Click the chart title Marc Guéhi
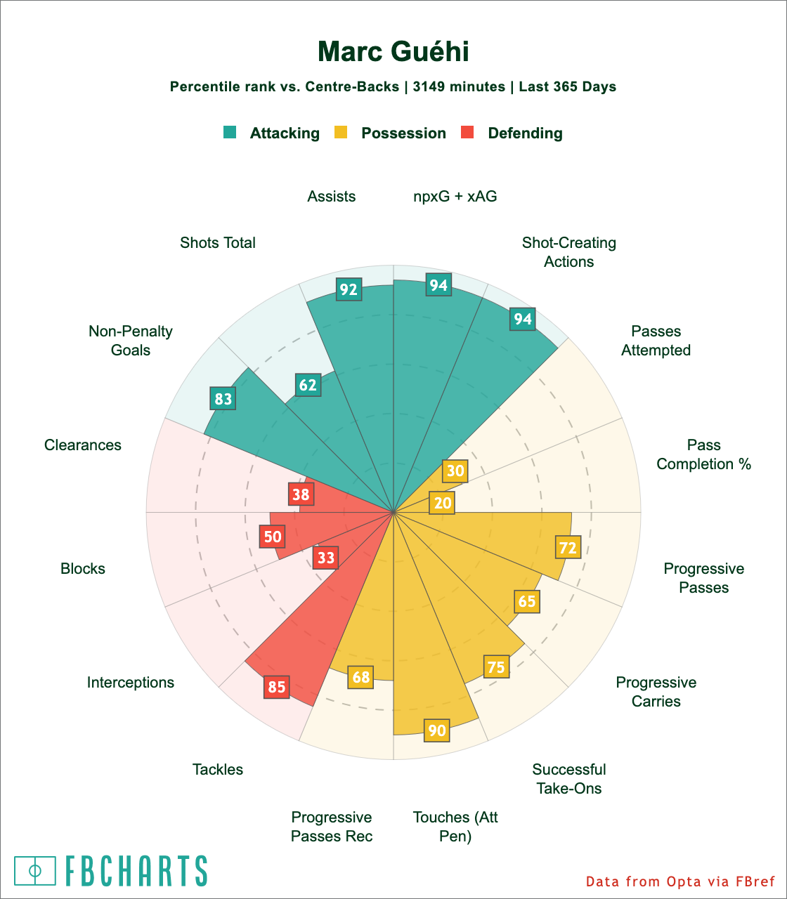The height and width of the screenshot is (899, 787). [x=393, y=52]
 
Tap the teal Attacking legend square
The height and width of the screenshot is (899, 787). [x=230, y=132]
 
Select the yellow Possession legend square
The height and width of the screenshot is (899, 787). [x=341, y=132]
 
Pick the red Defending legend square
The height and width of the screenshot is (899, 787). [x=467, y=132]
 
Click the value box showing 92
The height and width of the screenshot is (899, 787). [x=349, y=289]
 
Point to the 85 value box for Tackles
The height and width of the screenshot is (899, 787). [x=277, y=686]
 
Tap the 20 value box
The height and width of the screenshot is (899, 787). [x=443, y=502]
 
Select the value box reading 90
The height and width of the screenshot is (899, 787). [x=437, y=730]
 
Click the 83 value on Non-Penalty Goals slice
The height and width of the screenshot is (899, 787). [x=223, y=399]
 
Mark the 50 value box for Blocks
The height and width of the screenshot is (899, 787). [x=272, y=537]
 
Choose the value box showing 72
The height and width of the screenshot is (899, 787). [x=568, y=547]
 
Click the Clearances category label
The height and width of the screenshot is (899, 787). [x=83, y=445]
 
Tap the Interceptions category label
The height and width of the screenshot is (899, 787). [x=131, y=682]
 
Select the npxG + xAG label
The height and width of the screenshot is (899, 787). [x=455, y=197]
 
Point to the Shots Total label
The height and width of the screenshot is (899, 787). [x=218, y=243]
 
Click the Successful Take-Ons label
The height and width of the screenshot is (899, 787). [x=569, y=778]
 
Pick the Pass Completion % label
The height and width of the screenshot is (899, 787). [x=703, y=454]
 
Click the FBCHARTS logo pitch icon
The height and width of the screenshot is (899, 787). [x=35, y=870]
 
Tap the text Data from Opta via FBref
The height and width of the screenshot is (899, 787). [x=679, y=881]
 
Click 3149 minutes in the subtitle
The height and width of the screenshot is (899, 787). [x=459, y=87]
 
